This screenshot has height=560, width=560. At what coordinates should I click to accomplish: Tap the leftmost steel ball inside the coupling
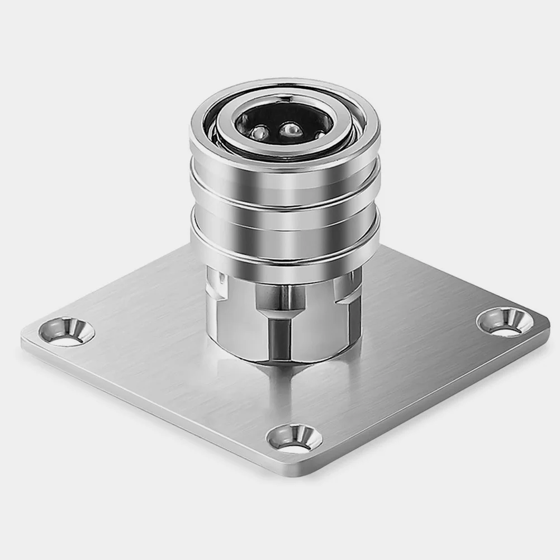(x=258, y=133)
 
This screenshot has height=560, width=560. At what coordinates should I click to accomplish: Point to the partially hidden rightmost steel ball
(x=318, y=135)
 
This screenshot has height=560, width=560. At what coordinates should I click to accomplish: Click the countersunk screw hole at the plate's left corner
(x=66, y=331)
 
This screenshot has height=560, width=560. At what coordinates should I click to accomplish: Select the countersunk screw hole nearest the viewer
(x=294, y=438)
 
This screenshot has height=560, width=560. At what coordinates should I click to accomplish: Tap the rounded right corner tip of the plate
(x=545, y=330)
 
